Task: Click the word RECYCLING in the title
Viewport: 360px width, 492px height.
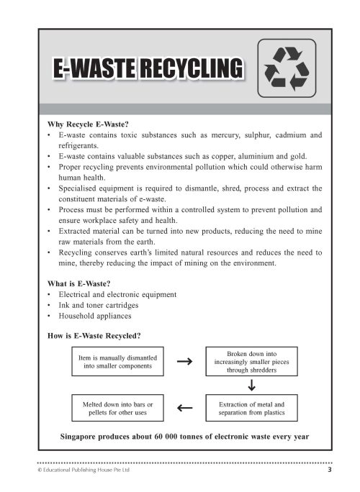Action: (x=189, y=69)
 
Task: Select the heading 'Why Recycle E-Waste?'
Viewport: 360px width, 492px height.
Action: (x=87, y=123)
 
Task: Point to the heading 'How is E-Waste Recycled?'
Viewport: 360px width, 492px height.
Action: (x=94, y=335)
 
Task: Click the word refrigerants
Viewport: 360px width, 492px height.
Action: (x=78, y=145)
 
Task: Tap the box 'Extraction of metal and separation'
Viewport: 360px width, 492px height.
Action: (x=251, y=409)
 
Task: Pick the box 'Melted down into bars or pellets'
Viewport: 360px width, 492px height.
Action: (x=117, y=409)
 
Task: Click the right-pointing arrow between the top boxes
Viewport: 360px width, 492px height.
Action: (x=184, y=362)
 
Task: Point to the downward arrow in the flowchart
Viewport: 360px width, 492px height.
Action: (x=251, y=386)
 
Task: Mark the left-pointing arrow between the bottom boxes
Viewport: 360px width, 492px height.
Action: (x=184, y=409)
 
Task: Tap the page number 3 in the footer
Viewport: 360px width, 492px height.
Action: (x=330, y=470)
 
